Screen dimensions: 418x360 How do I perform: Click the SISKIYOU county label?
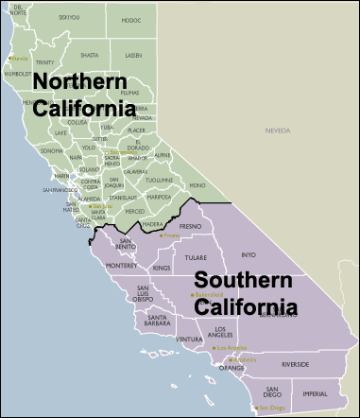[x=69, y=17]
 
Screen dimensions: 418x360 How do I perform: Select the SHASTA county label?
[x=89, y=55]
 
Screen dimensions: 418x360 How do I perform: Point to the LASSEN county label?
[x=134, y=56]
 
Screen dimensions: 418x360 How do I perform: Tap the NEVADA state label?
[x=277, y=131]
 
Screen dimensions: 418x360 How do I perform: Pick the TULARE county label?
[x=197, y=256]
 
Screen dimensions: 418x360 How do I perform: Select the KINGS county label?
[x=161, y=270]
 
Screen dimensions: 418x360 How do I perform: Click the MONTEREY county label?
[x=122, y=267]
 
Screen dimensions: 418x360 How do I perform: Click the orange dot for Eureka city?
[x=9, y=58]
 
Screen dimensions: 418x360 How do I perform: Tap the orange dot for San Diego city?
[x=255, y=408]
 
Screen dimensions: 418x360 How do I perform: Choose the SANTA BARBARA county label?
[x=158, y=321]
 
